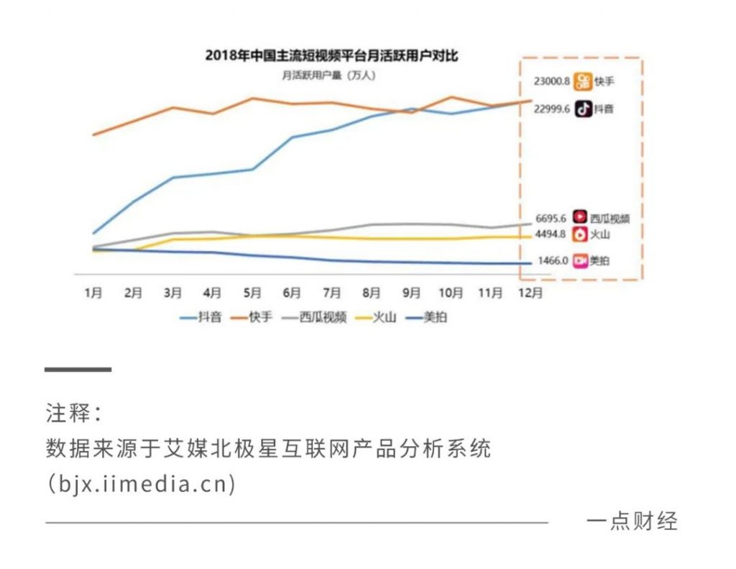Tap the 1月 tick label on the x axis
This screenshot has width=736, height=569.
pos(93,293)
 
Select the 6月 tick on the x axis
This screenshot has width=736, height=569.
pos(292,293)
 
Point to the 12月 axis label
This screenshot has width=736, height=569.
pos(530,293)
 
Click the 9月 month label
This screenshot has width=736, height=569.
pos(411,293)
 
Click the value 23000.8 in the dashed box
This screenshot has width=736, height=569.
pos(552,82)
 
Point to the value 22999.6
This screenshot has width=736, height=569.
pos(552,109)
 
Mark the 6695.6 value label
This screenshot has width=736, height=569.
pos(551,218)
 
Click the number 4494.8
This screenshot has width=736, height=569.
pos(551,235)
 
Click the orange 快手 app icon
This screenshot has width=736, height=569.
pos(582,81)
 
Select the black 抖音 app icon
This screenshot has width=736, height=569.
pos(582,109)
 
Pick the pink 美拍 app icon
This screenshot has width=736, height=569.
pos(580,261)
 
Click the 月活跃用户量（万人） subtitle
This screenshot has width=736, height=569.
pos(328,73)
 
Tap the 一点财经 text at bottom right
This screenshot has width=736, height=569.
pos(632,522)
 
